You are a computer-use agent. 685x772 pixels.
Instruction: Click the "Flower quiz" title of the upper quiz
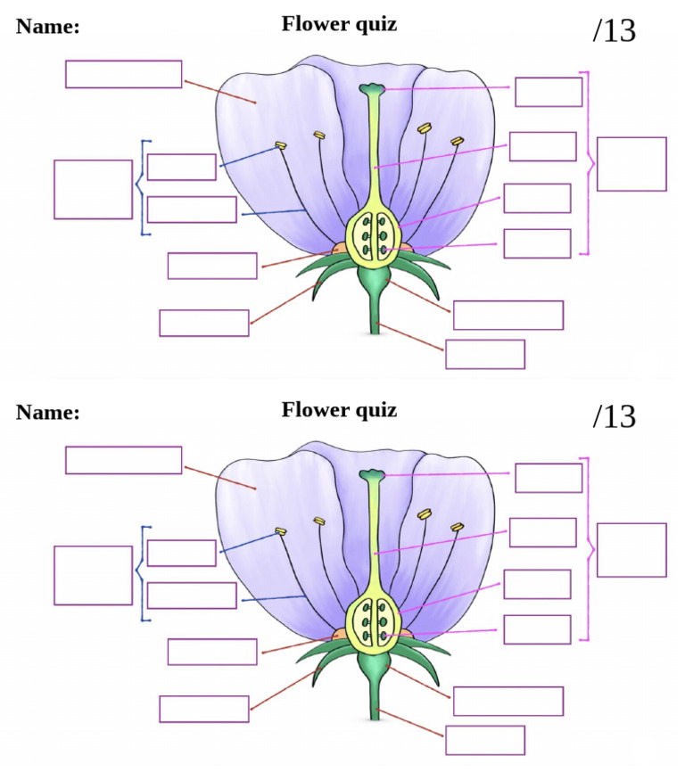tap(339, 24)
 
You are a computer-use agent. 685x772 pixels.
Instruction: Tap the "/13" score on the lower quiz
tap(614, 415)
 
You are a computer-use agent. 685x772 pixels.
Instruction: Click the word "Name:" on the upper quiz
tap(48, 27)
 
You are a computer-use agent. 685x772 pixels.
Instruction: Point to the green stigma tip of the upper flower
tap(371, 89)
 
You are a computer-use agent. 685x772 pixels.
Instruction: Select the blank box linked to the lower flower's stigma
tap(549, 478)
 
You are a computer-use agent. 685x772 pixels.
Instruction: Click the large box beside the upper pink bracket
tap(631, 164)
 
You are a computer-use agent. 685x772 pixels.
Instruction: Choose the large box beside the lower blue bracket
tap(93, 575)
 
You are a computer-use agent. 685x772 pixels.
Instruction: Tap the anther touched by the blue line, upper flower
tap(280, 144)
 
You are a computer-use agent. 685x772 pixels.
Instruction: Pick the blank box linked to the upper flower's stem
tap(485, 354)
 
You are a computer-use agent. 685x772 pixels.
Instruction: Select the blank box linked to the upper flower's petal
tap(123, 74)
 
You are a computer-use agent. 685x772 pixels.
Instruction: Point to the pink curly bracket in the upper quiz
tap(586, 162)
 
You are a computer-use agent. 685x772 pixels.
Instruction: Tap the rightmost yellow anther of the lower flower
tap(458, 528)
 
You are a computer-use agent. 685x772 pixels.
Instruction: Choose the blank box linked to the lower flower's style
tap(542, 532)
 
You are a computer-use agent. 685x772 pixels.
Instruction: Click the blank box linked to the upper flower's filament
tap(192, 209)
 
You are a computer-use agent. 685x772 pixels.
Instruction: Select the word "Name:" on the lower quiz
tap(48, 413)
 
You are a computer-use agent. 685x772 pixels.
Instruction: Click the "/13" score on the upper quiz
tap(614, 29)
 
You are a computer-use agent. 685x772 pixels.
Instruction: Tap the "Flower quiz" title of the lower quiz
tap(339, 410)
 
